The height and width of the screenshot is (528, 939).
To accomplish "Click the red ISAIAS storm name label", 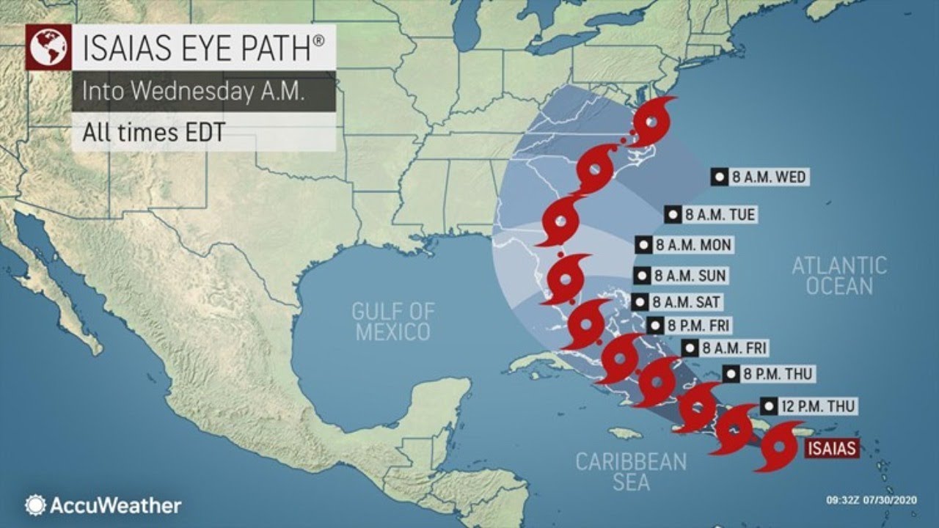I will [830, 448].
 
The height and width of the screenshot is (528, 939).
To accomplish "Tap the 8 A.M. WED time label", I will [760, 177].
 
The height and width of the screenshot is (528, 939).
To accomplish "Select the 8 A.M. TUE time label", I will [709, 214].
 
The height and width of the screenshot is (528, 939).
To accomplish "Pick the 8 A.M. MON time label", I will [684, 245].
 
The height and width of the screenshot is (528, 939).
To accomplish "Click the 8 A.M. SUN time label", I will [680, 276].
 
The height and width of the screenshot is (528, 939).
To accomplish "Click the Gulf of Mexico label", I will [392, 321].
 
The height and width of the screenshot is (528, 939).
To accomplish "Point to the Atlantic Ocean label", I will [839, 276].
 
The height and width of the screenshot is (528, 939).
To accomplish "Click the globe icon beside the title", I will [48, 48].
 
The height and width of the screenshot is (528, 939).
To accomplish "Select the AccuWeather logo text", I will [114, 505].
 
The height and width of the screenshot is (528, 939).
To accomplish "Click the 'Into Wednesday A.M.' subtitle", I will [172, 92].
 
